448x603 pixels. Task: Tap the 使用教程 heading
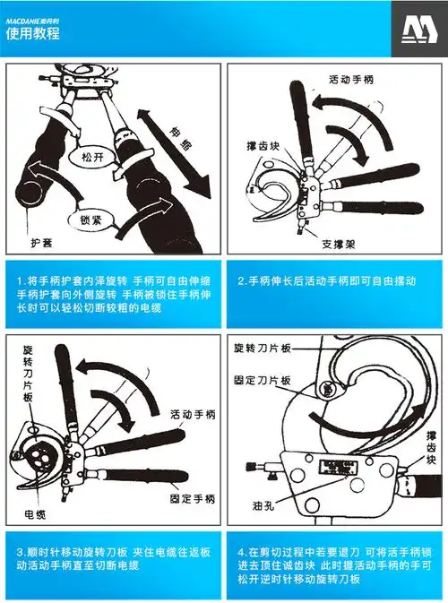[x=33, y=33]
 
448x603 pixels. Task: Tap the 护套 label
[x=39, y=243]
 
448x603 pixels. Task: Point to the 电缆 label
[x=35, y=513]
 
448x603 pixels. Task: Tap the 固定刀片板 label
[x=262, y=380]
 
